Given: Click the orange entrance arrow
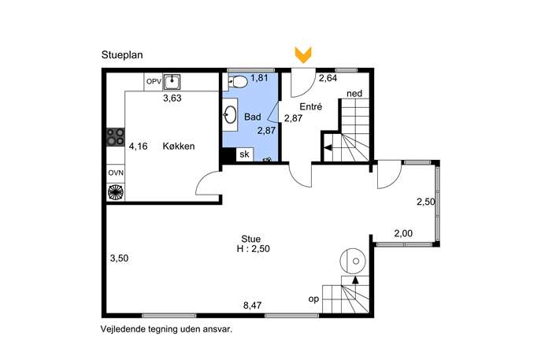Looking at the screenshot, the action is [303, 55].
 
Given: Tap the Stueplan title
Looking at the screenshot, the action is [122, 55].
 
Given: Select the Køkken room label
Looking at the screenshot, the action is [179, 146].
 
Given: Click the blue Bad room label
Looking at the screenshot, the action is [253, 117].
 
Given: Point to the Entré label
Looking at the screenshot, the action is [310, 106].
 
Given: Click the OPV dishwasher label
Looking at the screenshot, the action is [154, 81].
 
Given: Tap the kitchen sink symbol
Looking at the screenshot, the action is [172, 82].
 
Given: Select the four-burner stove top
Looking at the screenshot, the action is [115, 137].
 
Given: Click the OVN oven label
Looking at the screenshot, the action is [116, 173].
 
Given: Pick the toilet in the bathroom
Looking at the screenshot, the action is [238, 82].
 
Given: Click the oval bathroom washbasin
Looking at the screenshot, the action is [230, 114].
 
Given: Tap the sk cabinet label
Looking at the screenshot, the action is [244, 154].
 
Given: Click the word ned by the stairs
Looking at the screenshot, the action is [354, 94].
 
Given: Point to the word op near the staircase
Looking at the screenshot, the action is [313, 299].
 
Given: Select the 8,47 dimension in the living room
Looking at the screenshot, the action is [252, 305].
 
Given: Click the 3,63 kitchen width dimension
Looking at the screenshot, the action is [172, 98].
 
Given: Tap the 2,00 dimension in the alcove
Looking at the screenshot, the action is [403, 234].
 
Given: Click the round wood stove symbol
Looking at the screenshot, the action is [353, 262].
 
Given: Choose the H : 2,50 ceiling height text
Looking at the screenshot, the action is [254, 248].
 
